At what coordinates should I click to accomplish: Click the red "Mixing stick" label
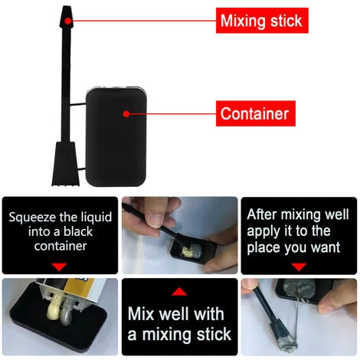pos(262,21)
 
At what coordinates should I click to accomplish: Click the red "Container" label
pos(256,113)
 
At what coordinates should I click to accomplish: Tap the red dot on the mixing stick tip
pos(67,21)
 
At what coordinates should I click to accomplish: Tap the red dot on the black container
pos(126,114)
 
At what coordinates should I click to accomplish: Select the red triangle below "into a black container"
pos(59,267)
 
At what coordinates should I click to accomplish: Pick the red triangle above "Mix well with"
pos(179,292)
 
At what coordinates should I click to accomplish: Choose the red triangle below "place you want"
pos(299,267)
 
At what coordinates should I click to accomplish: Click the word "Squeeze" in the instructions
pos(32,218)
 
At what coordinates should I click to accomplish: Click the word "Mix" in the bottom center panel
pos(141,313)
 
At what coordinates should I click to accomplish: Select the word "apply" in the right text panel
pos(263,231)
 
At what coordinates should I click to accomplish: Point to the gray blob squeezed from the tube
pos(67,312)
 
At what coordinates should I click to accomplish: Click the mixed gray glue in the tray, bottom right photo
pos(299,289)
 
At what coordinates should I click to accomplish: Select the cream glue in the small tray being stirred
pos(187,250)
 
